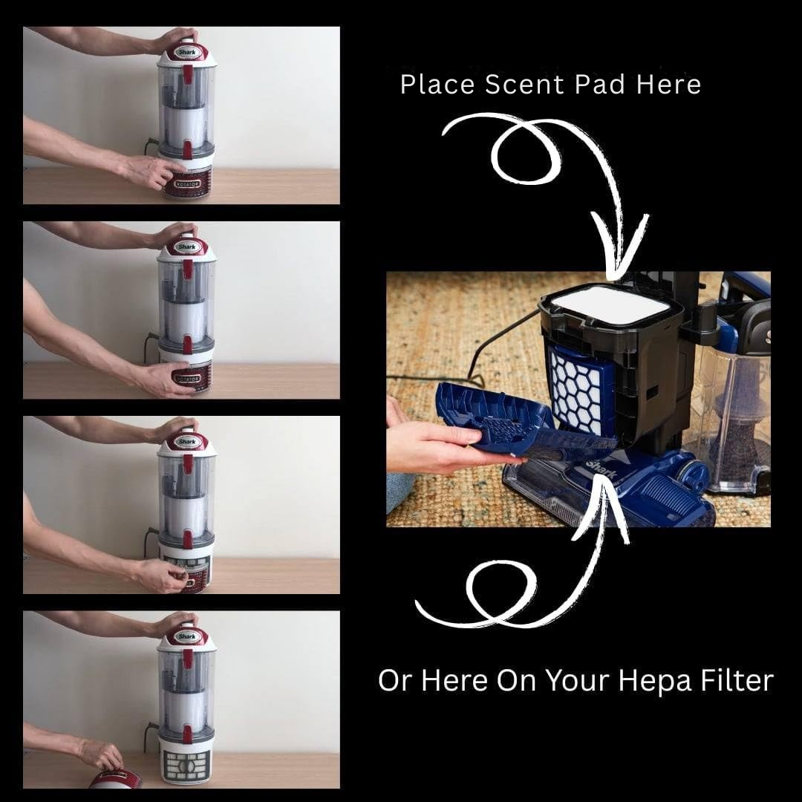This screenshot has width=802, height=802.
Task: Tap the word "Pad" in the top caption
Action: tap(600, 84)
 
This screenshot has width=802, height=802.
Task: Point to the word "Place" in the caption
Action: tap(438, 84)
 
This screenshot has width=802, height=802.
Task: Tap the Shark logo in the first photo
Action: tap(186, 52)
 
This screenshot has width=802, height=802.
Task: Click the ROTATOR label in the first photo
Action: tap(188, 184)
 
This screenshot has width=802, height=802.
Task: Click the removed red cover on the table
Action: tap(115, 780)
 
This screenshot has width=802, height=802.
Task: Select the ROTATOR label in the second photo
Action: tap(186, 379)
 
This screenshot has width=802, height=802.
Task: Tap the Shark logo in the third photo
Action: tap(186, 441)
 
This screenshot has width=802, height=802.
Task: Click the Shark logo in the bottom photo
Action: tap(186, 636)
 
